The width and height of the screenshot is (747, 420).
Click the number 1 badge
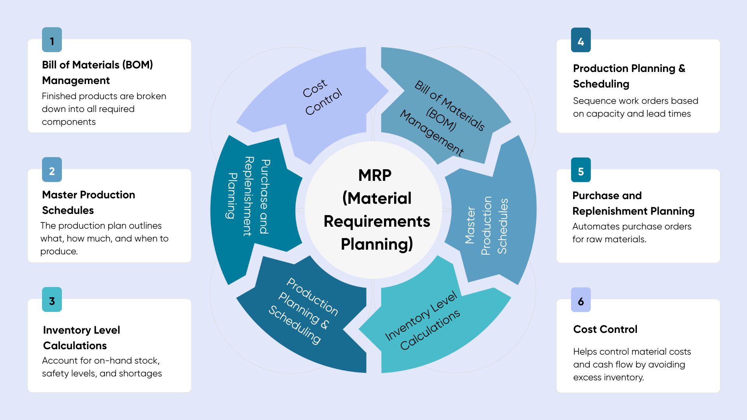coord(52,40)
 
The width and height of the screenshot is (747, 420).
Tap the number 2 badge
coord(52,170)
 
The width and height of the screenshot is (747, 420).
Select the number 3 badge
coord(52,300)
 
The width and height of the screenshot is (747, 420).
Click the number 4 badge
coord(580,40)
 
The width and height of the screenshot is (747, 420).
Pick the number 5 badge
coord(580,170)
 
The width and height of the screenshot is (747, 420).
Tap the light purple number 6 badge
coord(580,300)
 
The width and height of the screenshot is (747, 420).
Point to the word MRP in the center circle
coord(375,175)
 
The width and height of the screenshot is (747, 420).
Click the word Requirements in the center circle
coord(377,221)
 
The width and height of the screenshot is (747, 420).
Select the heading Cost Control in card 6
coord(605,329)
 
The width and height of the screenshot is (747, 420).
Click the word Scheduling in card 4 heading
coord(601,84)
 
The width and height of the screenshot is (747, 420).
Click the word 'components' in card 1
coord(68,122)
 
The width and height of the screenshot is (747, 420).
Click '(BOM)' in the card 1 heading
coord(137,65)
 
